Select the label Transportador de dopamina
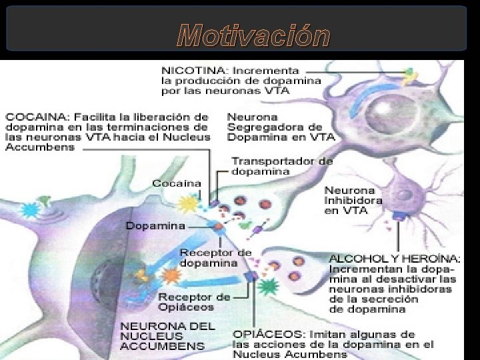point(282,166)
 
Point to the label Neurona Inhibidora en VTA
point(353,199)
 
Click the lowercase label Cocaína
point(176,183)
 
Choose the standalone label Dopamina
point(156,226)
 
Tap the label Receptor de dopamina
point(215,257)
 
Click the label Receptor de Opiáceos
point(185,302)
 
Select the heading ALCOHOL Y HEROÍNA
point(395,259)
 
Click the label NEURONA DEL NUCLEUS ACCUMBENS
point(167,336)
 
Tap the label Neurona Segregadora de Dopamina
point(281,127)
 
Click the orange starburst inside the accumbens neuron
point(171,275)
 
